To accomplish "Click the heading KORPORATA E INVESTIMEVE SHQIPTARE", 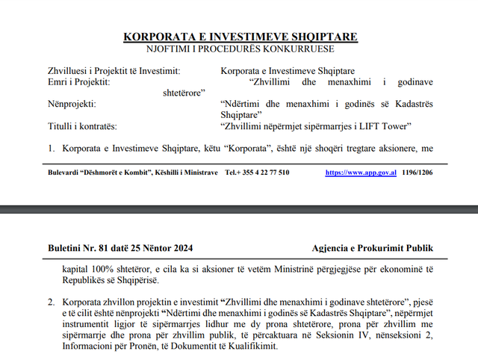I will pos(240,37).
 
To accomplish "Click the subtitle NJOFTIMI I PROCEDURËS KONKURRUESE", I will pos(240,49).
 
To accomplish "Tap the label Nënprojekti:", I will pos(72,104).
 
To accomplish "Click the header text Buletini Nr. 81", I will pos(77,248).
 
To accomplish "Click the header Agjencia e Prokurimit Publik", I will pos(373,248).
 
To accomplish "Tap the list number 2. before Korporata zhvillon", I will pos(52,302).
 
